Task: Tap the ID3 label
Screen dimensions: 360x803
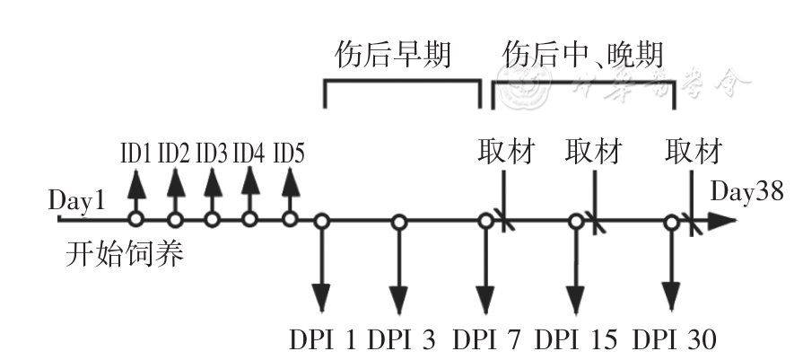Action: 212,153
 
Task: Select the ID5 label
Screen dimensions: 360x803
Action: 289,153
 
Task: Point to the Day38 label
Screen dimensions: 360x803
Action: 747,191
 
